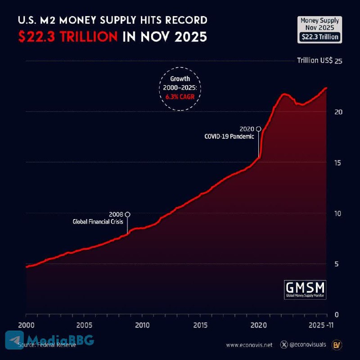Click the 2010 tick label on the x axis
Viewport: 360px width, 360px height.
point(142,325)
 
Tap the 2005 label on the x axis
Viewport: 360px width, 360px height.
point(84,325)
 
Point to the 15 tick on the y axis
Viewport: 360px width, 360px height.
point(338,162)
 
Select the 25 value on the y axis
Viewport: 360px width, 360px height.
point(338,61)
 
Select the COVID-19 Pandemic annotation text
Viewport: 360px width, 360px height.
point(230,136)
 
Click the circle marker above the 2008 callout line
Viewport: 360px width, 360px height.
point(128,214)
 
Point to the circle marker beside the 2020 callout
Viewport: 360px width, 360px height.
point(258,129)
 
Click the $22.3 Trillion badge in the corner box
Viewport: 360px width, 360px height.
point(320,37)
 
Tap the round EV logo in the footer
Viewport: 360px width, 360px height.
point(336,345)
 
